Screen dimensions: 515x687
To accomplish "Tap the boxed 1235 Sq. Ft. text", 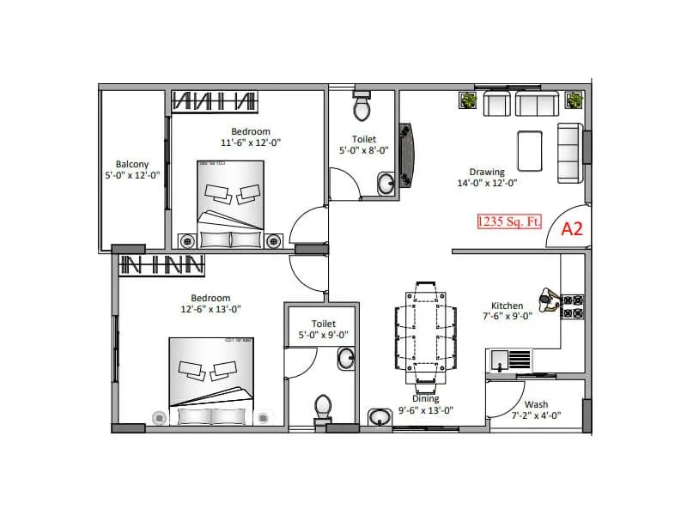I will pyautogui.click(x=510, y=221).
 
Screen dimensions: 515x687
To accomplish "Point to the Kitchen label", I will pyautogui.click(x=507, y=306).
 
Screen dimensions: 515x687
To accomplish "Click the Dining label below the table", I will pyautogui.click(x=425, y=398).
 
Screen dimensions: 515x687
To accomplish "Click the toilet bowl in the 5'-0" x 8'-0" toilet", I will pyautogui.click(x=362, y=109).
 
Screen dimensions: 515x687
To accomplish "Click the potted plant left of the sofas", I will pyautogui.click(x=469, y=101).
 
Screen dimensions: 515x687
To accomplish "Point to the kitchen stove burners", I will pyautogui.click(x=573, y=306).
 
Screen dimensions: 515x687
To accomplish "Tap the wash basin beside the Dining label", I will pyautogui.click(x=379, y=417).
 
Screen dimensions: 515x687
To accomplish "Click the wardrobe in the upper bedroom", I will pyautogui.click(x=215, y=101).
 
